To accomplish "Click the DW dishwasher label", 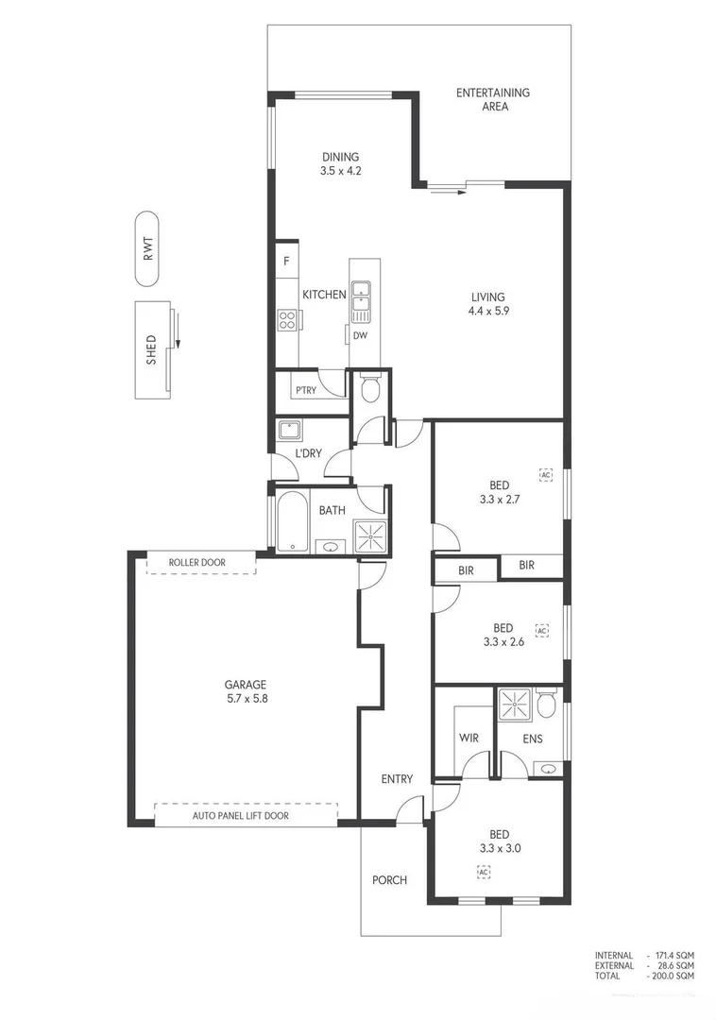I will click(x=360, y=335).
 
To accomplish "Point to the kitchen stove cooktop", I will click(x=286, y=320).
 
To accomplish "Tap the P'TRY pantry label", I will click(x=305, y=389).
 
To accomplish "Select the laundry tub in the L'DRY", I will click(x=289, y=432).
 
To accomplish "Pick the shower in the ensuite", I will click(x=514, y=705).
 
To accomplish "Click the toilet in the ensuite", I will click(x=545, y=705).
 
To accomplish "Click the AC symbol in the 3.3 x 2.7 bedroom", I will click(x=545, y=473).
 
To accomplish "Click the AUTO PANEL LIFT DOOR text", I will click(x=241, y=815).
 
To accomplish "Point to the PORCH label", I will click(x=389, y=880).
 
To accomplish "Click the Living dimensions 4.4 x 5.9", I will click(x=488, y=312).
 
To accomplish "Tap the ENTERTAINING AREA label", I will click(x=493, y=99).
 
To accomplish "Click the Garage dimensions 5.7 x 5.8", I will click(x=245, y=700).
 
